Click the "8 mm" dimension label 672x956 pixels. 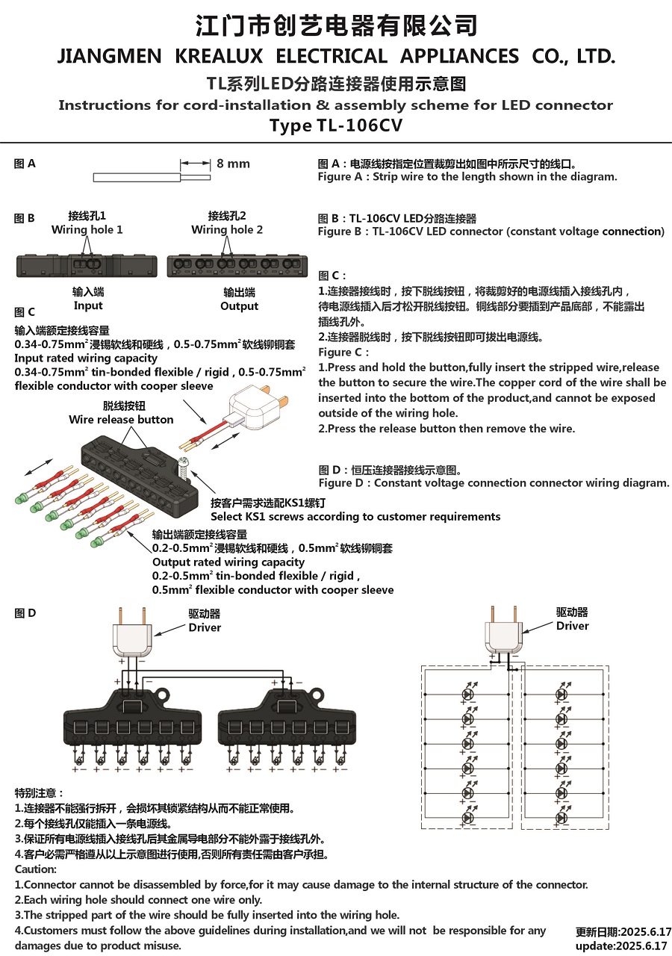click(x=233, y=164)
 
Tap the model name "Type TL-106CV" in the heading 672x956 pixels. click(x=335, y=125)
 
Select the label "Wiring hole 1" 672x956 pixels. click(x=87, y=230)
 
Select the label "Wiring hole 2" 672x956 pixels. click(x=227, y=230)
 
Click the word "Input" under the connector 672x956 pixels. click(x=88, y=305)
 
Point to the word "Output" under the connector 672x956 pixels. click(x=240, y=306)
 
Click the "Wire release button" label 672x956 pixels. click(x=121, y=420)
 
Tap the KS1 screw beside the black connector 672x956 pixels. click(x=184, y=468)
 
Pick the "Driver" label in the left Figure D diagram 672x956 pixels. click(x=205, y=627)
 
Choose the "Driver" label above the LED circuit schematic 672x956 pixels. click(x=572, y=626)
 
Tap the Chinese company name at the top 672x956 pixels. click(x=335, y=26)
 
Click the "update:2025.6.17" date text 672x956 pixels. click(x=623, y=946)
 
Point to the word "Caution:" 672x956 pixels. click(x=36, y=869)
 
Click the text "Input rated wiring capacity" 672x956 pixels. click(x=86, y=358)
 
